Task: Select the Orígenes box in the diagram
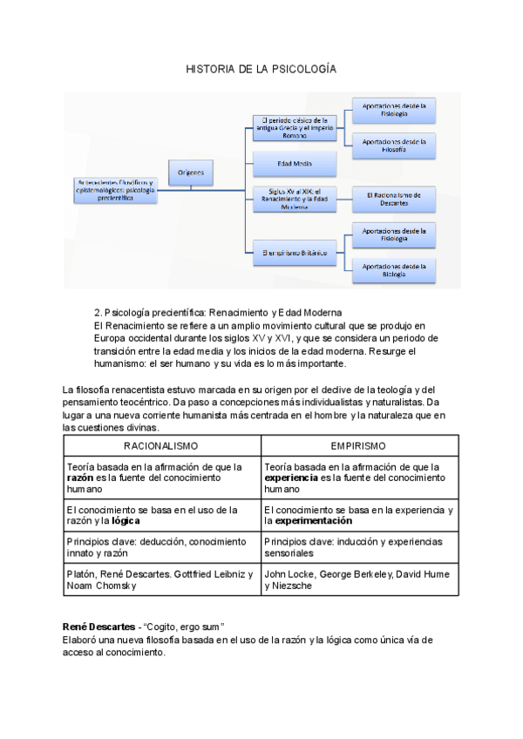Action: coord(191,173)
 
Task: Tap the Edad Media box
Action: coord(294,163)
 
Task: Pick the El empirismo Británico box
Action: coord(294,253)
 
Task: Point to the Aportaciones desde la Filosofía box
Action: coord(394,146)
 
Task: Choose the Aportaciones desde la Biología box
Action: coord(394,270)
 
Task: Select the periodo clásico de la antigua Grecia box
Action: coord(294,126)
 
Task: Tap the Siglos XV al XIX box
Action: coord(294,200)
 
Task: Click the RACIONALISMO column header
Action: coord(161,445)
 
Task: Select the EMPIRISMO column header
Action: coord(358,445)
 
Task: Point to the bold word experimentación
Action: coord(314,521)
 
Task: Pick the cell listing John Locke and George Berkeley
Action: coord(358,580)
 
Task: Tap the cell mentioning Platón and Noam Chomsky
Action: coord(161,580)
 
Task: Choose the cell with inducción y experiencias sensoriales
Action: coord(358,547)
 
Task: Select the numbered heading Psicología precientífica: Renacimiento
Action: coord(218,311)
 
